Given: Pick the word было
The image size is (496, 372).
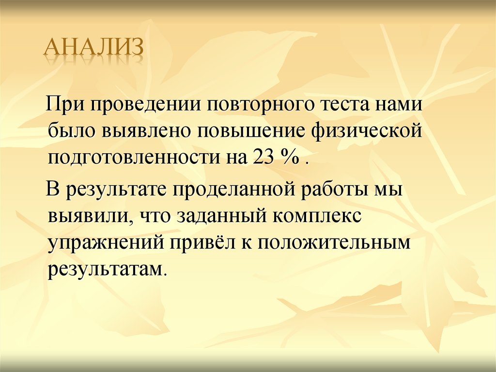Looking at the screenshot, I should coord(71,131).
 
